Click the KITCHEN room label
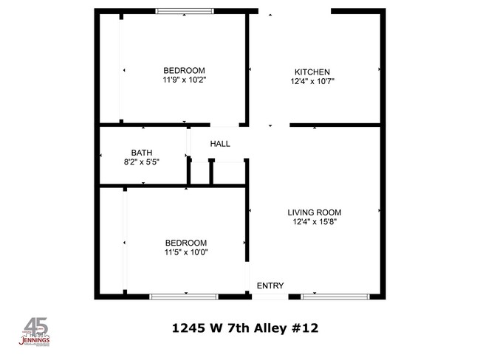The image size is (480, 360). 312,72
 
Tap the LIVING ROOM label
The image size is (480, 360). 314,212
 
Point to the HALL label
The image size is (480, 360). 220,144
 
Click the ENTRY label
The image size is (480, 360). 270,285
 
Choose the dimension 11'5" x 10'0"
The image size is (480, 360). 185,252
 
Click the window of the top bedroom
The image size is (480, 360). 183,11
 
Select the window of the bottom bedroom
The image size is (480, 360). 184,297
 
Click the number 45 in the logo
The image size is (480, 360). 35,326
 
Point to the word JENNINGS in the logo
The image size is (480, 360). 35,340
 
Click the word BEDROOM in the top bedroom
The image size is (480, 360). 184,71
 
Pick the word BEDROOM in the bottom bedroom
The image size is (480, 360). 185,243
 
